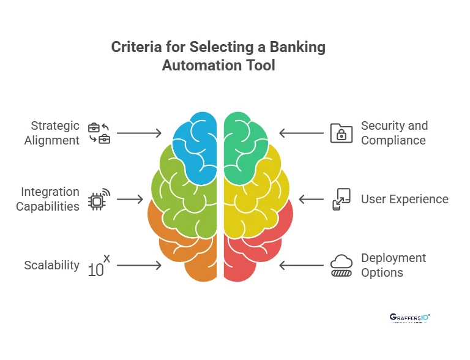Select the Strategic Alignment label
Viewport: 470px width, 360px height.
(x=52, y=133)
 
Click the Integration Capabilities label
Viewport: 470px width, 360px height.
(x=48, y=199)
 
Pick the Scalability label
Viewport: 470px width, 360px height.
(x=52, y=265)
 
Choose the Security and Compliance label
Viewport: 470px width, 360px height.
(x=394, y=133)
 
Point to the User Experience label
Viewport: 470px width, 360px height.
(x=405, y=199)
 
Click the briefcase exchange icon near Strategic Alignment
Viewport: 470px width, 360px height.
(x=99, y=133)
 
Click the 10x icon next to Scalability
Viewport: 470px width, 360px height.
(x=99, y=266)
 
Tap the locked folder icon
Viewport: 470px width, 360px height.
(x=341, y=133)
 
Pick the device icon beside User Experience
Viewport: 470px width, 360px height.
(x=341, y=199)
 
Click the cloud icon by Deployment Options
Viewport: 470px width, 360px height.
(x=341, y=265)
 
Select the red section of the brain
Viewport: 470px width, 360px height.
(x=257, y=245)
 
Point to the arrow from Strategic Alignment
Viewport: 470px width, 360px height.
(x=139, y=133)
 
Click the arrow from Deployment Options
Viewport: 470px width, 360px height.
(x=301, y=265)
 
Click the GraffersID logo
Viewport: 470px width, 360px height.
(x=409, y=318)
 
